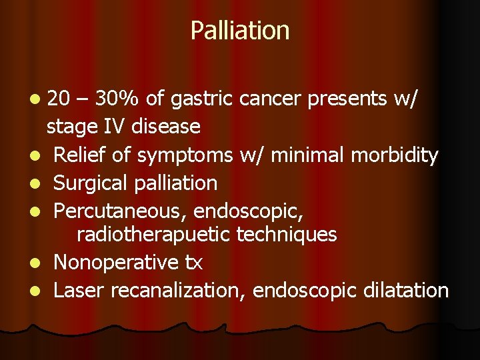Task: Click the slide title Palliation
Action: [240, 31]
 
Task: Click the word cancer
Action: [266, 99]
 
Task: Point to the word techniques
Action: [290, 235]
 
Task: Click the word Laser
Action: [79, 290]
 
